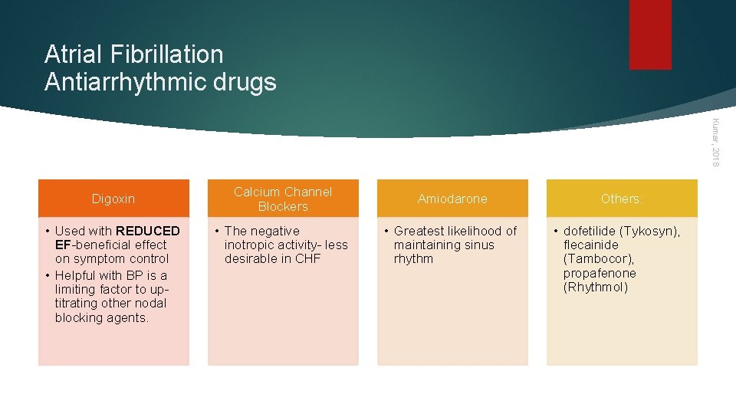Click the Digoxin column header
click(x=113, y=199)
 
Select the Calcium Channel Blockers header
click(x=283, y=199)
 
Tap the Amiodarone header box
click(x=452, y=199)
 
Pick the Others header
click(x=622, y=199)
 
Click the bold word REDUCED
click(x=148, y=231)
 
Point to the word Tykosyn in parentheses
click(x=652, y=231)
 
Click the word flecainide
click(x=591, y=245)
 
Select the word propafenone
click(x=600, y=274)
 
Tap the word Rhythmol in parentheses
click(x=596, y=287)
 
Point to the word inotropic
click(x=251, y=245)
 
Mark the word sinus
click(x=479, y=245)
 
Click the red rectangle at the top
click(x=650, y=34)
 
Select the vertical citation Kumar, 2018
click(x=715, y=141)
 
